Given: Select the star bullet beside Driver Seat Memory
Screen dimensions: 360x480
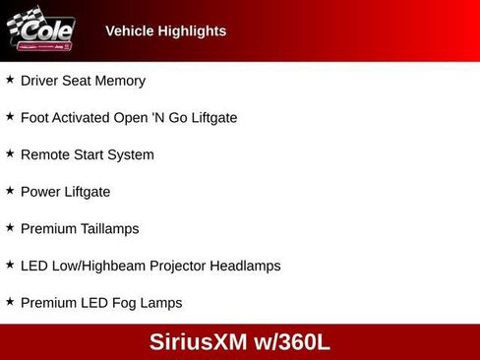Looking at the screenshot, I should pos(10,80).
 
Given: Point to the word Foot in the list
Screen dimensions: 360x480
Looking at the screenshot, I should pos(35,118).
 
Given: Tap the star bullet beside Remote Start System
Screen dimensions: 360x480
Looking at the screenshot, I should pos(10,153).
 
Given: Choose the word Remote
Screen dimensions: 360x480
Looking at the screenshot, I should pos(45,154).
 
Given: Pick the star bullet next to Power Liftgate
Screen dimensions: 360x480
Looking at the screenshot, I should pos(10,191).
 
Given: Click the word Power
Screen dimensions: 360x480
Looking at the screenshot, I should pos(40,192).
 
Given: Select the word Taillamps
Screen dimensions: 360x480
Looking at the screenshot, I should pos(109,229).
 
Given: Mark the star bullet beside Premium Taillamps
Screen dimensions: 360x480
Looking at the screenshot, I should pos(10,227).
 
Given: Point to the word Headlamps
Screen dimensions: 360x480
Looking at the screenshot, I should pos(250,266).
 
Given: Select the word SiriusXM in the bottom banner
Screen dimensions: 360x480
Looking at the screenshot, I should pos(198,342).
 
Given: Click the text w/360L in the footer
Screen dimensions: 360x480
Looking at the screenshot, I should pos(292,342).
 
